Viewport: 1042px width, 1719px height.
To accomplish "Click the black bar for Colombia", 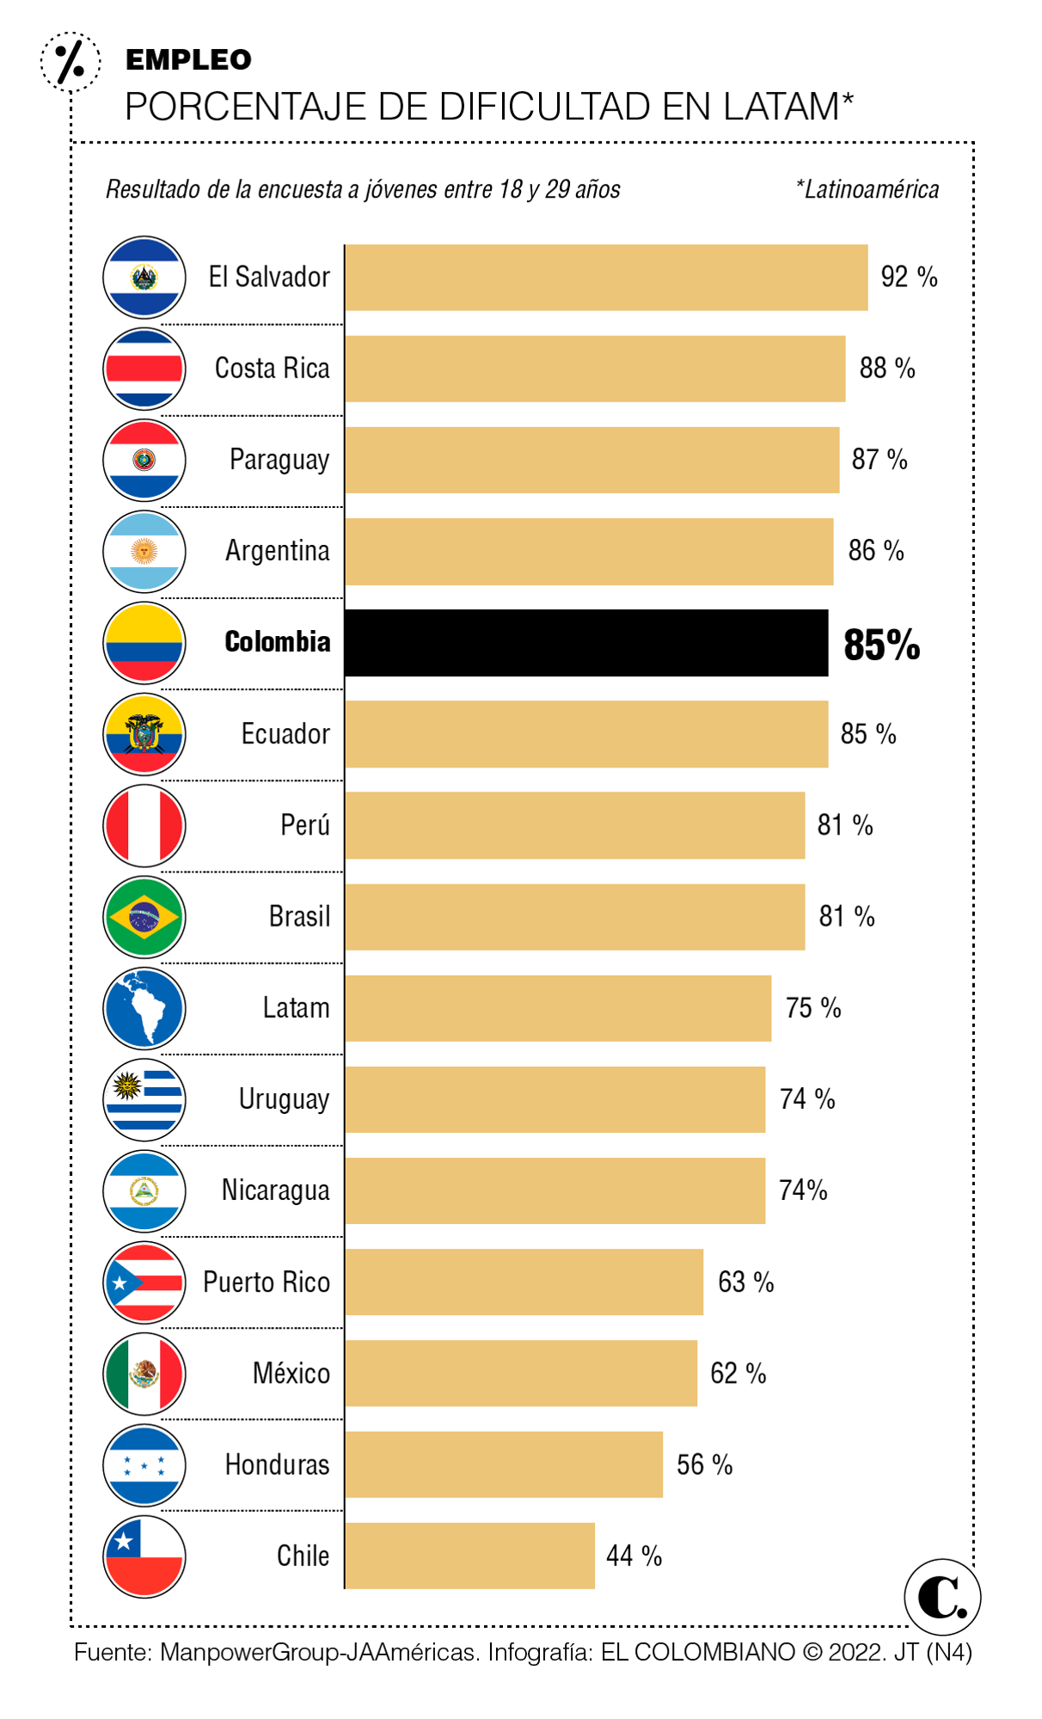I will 586,643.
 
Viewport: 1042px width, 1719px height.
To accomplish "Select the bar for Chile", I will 469,1556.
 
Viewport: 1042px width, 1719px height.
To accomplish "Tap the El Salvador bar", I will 606,278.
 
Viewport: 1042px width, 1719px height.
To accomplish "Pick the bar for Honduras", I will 504,1465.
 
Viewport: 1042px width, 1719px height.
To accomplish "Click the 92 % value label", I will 909,277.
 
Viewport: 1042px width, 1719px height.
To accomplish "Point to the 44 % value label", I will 634,1556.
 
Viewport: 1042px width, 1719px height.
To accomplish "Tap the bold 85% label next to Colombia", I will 881,645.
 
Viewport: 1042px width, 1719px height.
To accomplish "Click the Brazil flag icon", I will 144,917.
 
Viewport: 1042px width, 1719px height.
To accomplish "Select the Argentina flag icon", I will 144,551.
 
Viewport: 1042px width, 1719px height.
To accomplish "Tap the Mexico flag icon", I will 144,1373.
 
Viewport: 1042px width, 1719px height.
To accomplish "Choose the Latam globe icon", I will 144,1008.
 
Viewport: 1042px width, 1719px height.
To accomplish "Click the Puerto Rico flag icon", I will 144,1282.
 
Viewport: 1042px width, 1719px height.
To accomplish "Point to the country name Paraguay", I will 279,460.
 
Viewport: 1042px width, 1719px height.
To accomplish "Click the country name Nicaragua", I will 275,1190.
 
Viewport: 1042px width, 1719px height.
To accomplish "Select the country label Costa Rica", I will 272,368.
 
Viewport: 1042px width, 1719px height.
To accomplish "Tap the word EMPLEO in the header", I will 188,60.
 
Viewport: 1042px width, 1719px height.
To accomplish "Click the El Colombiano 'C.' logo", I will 942,1598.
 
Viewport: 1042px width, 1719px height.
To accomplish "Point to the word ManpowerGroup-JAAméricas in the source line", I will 317,1652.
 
